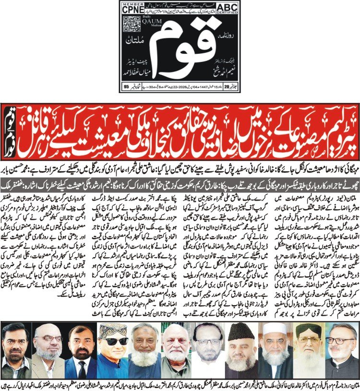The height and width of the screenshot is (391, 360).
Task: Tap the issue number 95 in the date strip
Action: [x=126, y=87]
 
